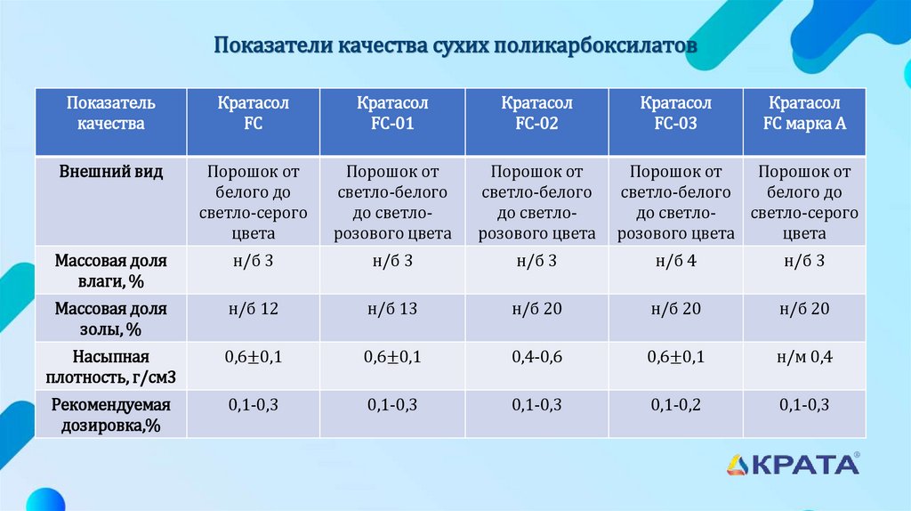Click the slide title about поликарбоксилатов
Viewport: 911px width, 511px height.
click(455, 45)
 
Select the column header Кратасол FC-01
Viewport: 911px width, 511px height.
click(392, 114)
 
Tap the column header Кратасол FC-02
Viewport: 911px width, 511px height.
click(536, 114)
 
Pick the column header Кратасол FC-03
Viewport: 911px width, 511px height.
click(675, 114)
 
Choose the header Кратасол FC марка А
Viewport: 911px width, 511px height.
click(804, 114)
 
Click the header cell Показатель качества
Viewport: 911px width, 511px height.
click(111, 114)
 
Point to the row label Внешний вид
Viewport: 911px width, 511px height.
click(111, 172)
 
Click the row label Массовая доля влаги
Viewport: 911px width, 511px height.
click(111, 271)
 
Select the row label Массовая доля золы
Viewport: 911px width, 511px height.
click(111, 319)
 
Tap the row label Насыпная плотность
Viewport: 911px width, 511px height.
click(111, 367)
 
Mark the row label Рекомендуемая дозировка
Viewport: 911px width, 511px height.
click(111, 415)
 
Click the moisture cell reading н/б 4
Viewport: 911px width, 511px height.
click(675, 261)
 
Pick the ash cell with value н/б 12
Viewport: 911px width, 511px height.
click(254, 309)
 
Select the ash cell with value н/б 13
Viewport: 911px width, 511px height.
click(392, 309)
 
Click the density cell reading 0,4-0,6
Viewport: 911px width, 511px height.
click(536, 357)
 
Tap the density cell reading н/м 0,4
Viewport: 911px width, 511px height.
click(804, 357)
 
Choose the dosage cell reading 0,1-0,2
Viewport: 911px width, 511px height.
click(675, 405)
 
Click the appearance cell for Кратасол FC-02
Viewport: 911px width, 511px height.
click(536, 202)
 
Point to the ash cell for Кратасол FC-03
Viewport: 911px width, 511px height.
click(675, 309)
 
